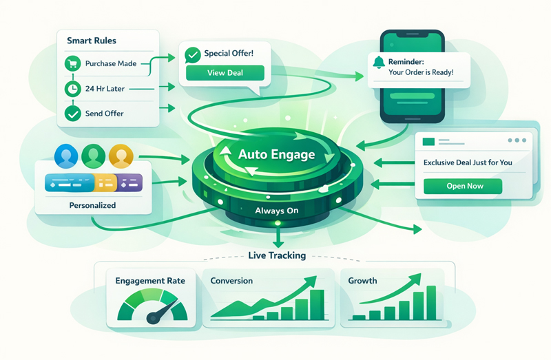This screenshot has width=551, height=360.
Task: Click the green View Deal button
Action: (x=225, y=73)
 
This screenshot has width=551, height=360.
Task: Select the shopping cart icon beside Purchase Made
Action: (x=72, y=64)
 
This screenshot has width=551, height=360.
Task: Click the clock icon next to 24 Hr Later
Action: (x=72, y=88)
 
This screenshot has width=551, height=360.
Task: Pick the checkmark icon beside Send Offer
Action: (x=72, y=112)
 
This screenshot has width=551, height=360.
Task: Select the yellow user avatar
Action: (x=120, y=156)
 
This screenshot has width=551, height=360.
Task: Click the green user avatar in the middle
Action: (x=94, y=156)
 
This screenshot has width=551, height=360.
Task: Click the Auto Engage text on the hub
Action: (x=276, y=154)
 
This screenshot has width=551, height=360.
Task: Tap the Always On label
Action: (x=276, y=211)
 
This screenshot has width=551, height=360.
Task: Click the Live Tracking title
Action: (x=276, y=255)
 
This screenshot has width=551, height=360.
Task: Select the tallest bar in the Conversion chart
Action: (x=317, y=304)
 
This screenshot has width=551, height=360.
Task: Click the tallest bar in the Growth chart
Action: (x=431, y=303)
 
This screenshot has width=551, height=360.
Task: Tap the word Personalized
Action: (x=92, y=205)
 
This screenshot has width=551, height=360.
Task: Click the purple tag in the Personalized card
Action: (x=129, y=183)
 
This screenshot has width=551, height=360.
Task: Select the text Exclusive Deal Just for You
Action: (x=467, y=163)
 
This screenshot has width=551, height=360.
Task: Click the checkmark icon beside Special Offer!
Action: (x=193, y=54)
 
